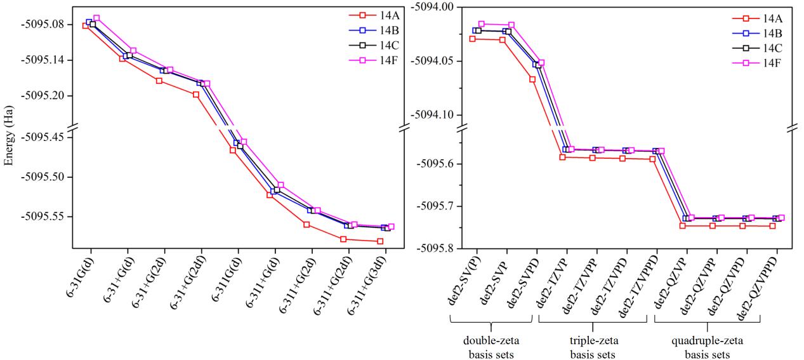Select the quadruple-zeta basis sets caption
pos(706,346)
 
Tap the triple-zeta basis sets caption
pos(591,346)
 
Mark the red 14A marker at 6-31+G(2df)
pos(196,95)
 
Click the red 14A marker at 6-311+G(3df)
pos(380,241)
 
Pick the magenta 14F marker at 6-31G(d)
pos(96,18)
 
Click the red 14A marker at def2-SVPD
pos(532,79)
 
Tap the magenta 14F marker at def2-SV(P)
pos(482,24)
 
